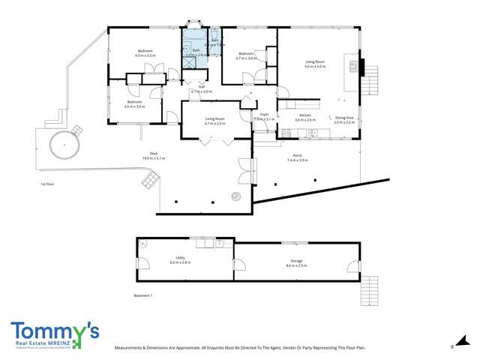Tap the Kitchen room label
pyautogui.click(x=305, y=118)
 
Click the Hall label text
pyautogui.click(x=202, y=88)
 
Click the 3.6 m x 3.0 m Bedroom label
pyautogui.click(x=134, y=103)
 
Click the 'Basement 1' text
pyautogui.click(x=142, y=295)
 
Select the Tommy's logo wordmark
pyautogui.click(x=54, y=331)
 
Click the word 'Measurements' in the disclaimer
pyautogui.click(x=130, y=349)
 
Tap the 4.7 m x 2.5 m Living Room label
pyautogui.click(x=215, y=121)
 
